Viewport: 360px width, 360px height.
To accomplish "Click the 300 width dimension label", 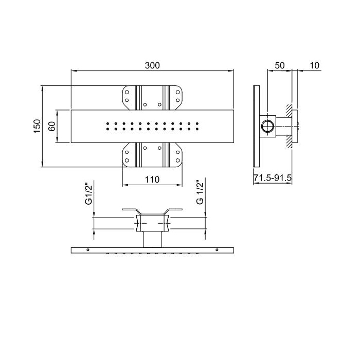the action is pos(152,65).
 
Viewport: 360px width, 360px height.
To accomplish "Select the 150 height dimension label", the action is pos(37,126).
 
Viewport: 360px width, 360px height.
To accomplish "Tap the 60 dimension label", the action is pos(52,127).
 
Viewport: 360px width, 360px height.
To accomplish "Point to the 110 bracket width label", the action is pos(152,179).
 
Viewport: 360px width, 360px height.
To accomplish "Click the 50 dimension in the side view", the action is pos(280,65).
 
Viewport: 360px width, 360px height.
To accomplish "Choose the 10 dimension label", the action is pos(315,65).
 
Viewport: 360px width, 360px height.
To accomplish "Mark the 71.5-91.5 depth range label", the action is pos(273,178).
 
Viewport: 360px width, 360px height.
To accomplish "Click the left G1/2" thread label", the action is pos(88,193).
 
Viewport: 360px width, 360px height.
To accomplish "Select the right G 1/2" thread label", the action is pos(200,192).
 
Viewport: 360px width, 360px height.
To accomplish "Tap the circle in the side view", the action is pos(267,126).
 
